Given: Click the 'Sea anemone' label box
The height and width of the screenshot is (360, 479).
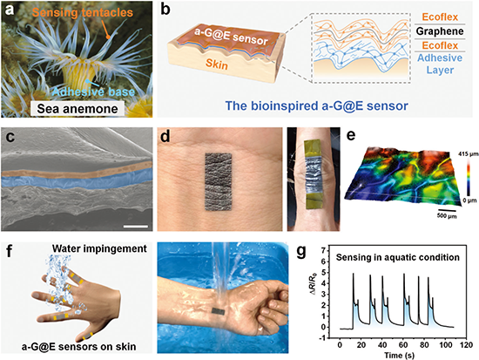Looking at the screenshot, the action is click(x=77, y=109).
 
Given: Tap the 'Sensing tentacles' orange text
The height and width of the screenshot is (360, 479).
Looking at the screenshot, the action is click(x=83, y=12).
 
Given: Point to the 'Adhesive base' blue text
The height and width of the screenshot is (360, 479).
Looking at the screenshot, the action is click(x=93, y=92).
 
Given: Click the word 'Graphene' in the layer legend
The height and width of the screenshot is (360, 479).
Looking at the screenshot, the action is click(x=440, y=31).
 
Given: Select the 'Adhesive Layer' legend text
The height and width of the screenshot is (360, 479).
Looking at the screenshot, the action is click(x=440, y=64).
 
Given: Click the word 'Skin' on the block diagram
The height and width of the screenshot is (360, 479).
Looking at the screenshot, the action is click(x=217, y=64).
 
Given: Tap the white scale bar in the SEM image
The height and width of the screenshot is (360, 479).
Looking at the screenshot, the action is click(x=136, y=227).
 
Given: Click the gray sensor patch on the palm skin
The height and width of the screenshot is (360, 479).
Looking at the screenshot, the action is click(x=218, y=181).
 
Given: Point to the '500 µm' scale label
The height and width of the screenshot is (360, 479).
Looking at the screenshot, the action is click(x=446, y=216).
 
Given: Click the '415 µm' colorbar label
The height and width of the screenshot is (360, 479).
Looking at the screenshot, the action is click(x=469, y=155).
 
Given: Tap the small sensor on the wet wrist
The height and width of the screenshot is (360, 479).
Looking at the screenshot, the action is click(x=218, y=311).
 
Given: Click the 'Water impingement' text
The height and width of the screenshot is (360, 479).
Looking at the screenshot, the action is click(x=99, y=248).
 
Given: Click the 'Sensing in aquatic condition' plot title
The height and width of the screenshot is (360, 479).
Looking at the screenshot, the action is click(x=398, y=257).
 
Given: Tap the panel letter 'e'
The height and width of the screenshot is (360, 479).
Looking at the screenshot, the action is click(x=351, y=134).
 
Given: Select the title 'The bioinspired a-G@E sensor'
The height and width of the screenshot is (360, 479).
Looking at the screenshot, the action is click(x=316, y=105).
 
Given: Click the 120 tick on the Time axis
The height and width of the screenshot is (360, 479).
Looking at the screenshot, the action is click(x=466, y=345).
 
